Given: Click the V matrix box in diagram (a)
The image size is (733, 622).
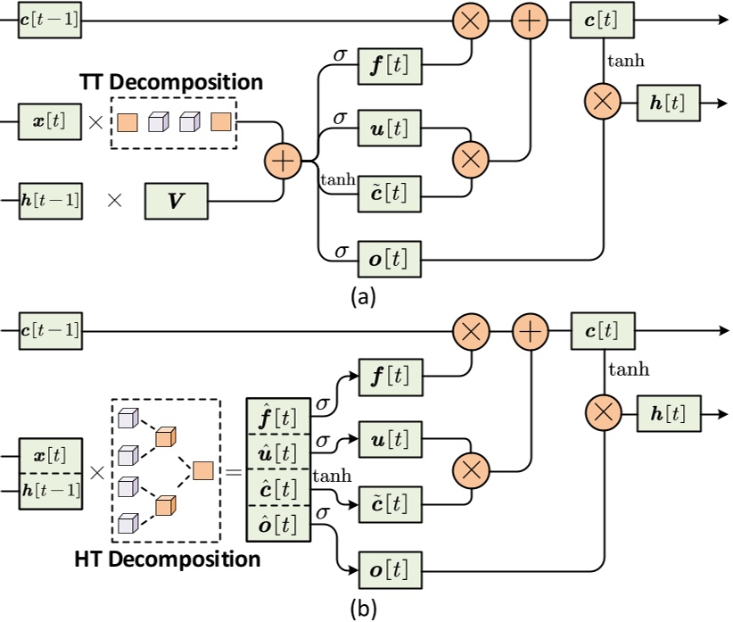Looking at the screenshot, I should click(176, 201).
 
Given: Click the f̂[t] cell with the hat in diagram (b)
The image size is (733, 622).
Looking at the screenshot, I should click(277, 416).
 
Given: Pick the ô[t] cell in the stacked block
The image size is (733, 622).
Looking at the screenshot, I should click(277, 521).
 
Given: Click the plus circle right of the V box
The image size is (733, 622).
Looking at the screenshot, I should click(283, 162).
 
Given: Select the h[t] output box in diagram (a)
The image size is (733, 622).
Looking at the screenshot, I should click(668, 103).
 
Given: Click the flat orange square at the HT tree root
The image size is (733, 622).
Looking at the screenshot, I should click(202, 469).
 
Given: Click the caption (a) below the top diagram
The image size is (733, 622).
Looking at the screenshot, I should click(363, 297).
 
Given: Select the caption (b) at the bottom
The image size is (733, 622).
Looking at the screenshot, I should click(363, 610).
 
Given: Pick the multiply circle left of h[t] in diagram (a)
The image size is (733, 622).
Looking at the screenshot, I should click(604, 103).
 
